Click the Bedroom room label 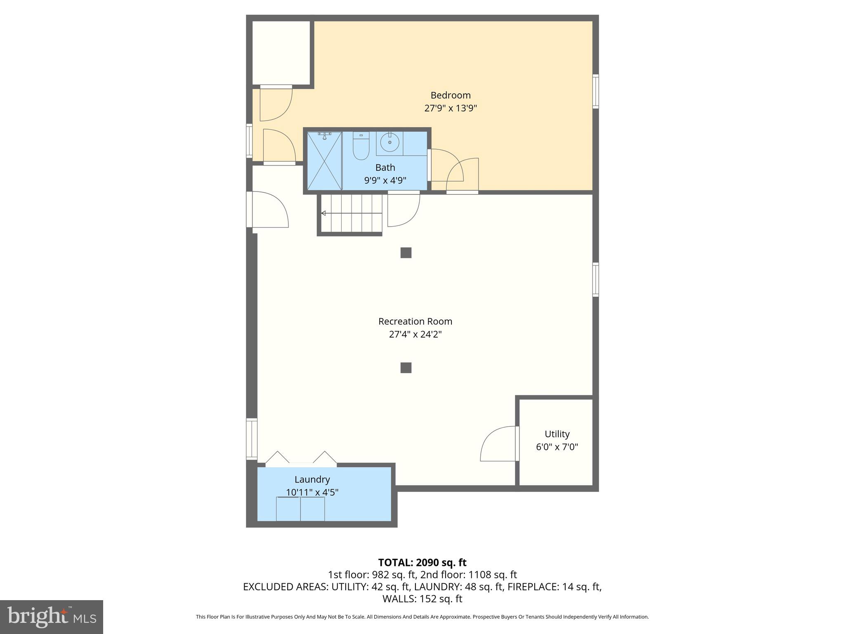[x=450, y=95]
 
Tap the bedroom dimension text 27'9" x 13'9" [x=450, y=109]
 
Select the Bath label [x=385, y=168]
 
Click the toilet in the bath [x=361, y=147]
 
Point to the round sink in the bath [x=389, y=142]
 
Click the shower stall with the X [x=325, y=161]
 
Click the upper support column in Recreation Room [x=406, y=253]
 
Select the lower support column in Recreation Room [x=406, y=367]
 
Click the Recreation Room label [x=415, y=321]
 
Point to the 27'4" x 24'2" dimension [x=415, y=334]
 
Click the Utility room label [x=557, y=434]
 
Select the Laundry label [x=312, y=479]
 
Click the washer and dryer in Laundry [x=300, y=509]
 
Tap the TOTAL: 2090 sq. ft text [x=422, y=563]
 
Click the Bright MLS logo [x=52, y=617]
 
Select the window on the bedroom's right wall [x=595, y=91]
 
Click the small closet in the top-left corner [x=281, y=53]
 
